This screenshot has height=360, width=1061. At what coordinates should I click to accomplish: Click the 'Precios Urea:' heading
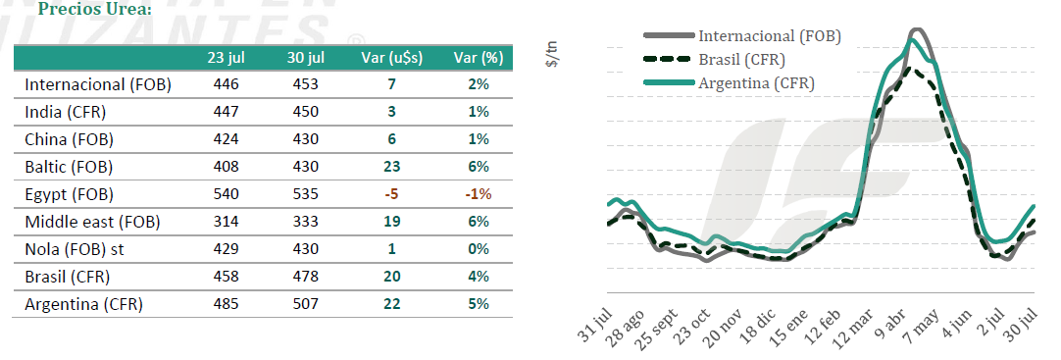pyautogui.click(x=95, y=10)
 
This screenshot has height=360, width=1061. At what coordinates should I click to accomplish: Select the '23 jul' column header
pyautogui.click(x=226, y=58)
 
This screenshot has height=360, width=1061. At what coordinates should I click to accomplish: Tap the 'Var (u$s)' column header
pyautogui.click(x=392, y=58)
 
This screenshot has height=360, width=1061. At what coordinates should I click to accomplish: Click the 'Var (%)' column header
pyautogui.click(x=478, y=58)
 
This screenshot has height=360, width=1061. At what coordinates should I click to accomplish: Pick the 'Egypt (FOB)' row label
pyautogui.click(x=69, y=195)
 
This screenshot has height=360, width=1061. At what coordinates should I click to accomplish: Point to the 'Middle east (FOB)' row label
pyautogui.click(x=92, y=222)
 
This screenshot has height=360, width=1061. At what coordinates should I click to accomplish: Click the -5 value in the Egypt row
pyautogui.click(x=392, y=195)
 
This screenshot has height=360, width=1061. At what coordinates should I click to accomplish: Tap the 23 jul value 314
pyautogui.click(x=226, y=222)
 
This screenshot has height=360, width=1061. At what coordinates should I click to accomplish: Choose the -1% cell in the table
pyautogui.click(x=478, y=195)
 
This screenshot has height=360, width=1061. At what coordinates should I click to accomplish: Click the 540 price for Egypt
pyautogui.click(x=226, y=195)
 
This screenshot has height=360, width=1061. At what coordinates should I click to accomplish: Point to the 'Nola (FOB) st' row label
pyautogui.click(x=75, y=249)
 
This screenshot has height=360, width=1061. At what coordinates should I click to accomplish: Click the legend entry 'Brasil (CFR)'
pyautogui.click(x=742, y=60)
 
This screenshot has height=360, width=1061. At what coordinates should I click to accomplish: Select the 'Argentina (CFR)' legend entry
pyautogui.click(x=756, y=84)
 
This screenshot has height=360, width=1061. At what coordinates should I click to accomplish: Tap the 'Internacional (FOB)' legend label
pyautogui.click(x=770, y=36)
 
